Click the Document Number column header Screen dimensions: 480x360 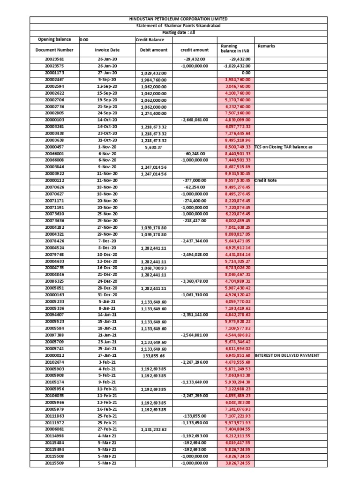click(54, 50)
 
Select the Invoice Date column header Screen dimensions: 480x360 click(107, 50)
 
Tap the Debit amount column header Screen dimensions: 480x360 click(154, 50)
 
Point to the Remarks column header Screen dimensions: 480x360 click(266, 46)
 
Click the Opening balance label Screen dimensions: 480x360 click(54, 40)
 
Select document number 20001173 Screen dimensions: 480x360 click(54, 73)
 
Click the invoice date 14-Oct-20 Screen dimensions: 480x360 click(107, 120)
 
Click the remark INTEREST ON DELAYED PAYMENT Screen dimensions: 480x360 click(286, 355)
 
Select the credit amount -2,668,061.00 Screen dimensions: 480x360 click(195, 120)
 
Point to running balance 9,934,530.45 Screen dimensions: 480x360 click(235, 173)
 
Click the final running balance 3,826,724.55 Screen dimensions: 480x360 click(235, 463)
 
